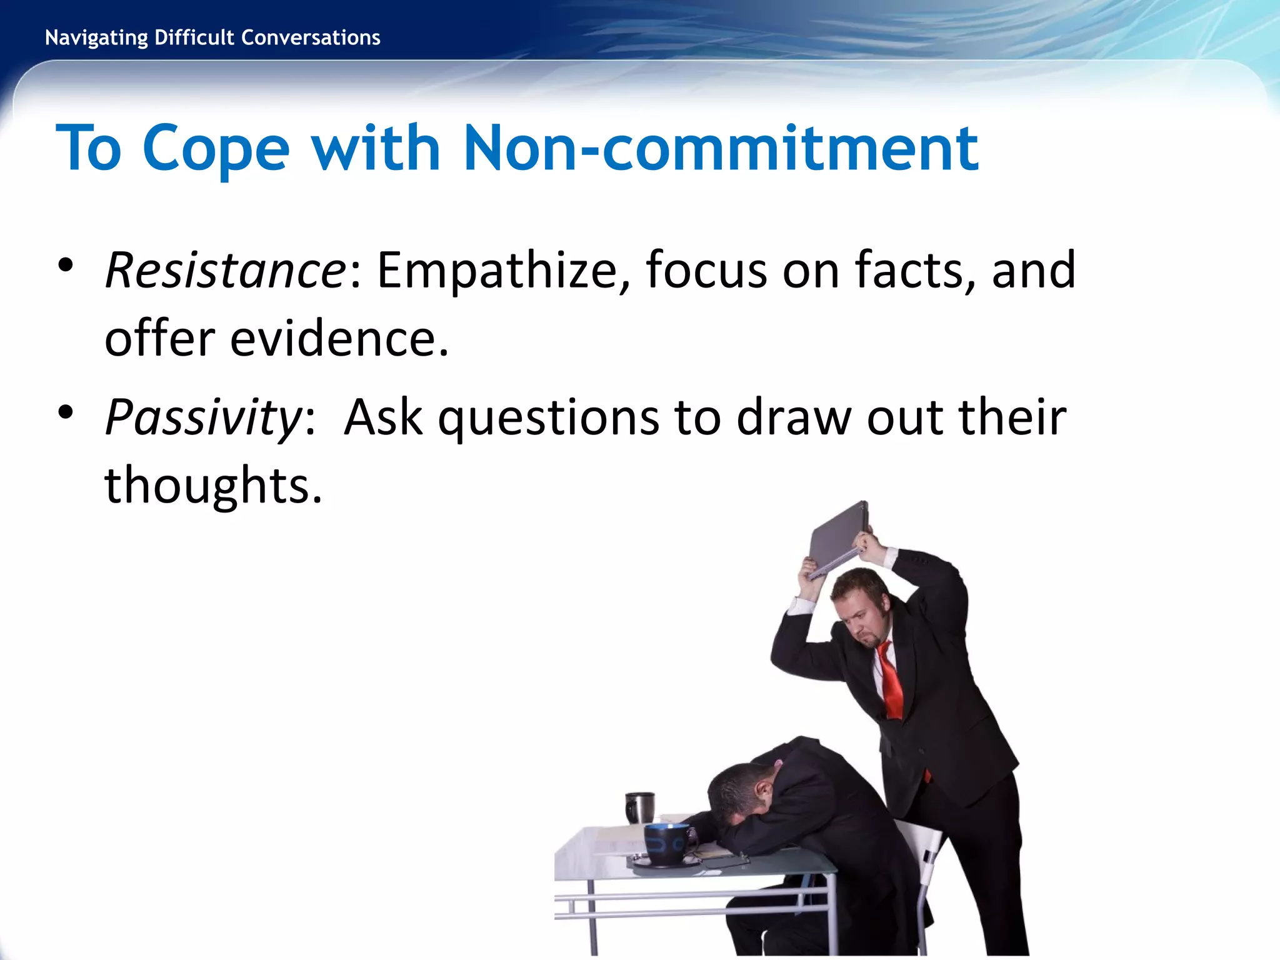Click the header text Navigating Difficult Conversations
pyautogui.click(x=212, y=37)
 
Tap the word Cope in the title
pyautogui.click(x=216, y=150)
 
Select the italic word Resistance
pyautogui.click(x=226, y=270)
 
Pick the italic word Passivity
pyautogui.click(x=204, y=417)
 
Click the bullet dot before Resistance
pyautogui.click(x=65, y=265)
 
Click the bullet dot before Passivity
pyautogui.click(x=65, y=412)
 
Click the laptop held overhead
pyautogui.click(x=837, y=537)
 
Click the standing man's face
pyautogui.click(x=866, y=619)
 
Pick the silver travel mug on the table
pyautogui.click(x=639, y=807)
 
